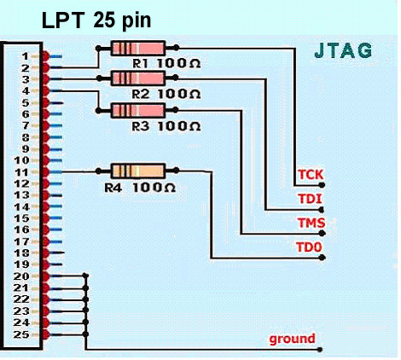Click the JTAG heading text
[x=343, y=50]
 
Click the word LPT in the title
[x=63, y=20]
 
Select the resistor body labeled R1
[x=138, y=48]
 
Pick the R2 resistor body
[x=138, y=78]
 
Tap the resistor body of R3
[x=138, y=110]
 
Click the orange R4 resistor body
[x=137, y=171]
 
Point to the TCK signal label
[x=311, y=175]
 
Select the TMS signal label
[x=311, y=223]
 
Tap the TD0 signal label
[x=309, y=247]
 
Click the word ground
[x=292, y=339]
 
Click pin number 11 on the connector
[x=21, y=172]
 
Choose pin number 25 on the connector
[x=21, y=334]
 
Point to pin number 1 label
[x=26, y=56]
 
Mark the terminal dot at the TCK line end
[x=322, y=185]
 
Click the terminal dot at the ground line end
[x=320, y=350]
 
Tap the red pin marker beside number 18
[x=45, y=253]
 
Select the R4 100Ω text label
[x=140, y=188]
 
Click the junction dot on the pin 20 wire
[x=85, y=276]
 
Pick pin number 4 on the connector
[x=26, y=91]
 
